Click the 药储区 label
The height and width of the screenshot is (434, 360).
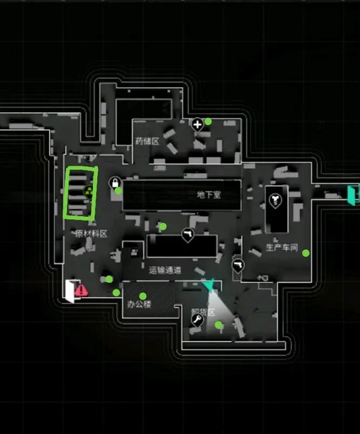click(x=147, y=142)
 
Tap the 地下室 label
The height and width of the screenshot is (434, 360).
click(x=209, y=195)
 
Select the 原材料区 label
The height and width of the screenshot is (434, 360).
click(x=91, y=234)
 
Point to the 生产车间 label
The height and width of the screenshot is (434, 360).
click(x=282, y=248)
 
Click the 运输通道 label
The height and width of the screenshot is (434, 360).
click(x=165, y=271)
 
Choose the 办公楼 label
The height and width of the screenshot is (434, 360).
click(x=139, y=304)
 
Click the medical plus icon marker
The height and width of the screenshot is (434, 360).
click(x=197, y=124)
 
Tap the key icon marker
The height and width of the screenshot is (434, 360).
click(x=196, y=322)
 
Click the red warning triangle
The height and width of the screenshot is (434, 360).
click(x=82, y=291)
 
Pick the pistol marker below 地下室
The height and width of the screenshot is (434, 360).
click(x=187, y=234)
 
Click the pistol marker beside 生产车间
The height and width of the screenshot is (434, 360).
click(x=239, y=266)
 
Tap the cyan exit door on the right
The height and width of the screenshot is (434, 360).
click(x=352, y=195)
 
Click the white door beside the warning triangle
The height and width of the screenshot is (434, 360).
click(x=71, y=291)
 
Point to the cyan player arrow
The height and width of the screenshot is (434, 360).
click(x=208, y=285)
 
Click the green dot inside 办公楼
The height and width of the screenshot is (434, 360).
click(x=143, y=295)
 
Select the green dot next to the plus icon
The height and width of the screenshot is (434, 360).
click(x=208, y=121)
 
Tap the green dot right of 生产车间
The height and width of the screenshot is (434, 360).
click(x=306, y=253)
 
